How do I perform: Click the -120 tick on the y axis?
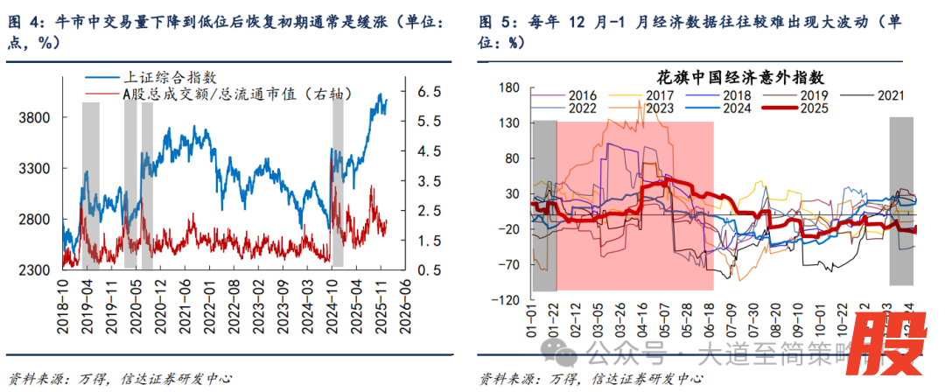[505, 300]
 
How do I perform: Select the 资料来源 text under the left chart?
[33, 378]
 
